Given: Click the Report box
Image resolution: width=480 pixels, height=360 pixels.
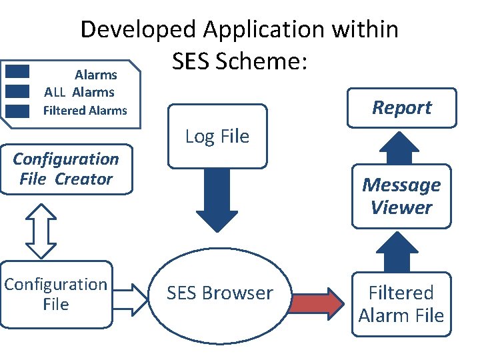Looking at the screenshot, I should coord(401,107).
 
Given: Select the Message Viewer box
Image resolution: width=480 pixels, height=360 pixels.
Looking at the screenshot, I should coord(401,196).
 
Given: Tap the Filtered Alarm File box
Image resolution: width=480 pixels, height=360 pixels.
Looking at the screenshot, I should coord(401,303).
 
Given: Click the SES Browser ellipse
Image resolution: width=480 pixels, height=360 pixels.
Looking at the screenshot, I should coord(219,293).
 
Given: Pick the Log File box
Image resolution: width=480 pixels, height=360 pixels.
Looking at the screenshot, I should coord(217,137).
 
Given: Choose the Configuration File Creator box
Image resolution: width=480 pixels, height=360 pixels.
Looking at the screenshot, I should coord(65,169).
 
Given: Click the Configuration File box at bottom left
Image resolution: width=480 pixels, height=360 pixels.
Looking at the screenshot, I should coord(55,294).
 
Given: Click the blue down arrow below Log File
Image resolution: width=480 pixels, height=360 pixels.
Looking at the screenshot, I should coord(217,200).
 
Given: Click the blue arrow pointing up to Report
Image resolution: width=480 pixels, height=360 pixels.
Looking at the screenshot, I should coord(401,147).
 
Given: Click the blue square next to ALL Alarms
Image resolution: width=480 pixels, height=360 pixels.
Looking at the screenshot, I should coord(17,91).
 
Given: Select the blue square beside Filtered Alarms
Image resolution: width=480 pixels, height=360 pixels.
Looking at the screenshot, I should coord(17,110).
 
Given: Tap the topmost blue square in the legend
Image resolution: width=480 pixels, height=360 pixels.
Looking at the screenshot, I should coord(17,72).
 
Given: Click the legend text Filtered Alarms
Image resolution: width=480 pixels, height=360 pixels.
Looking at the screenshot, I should coord(85,111).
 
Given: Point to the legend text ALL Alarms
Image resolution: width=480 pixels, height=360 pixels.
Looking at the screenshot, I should coord(79,93).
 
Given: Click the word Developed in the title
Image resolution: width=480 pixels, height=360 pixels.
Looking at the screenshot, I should coord(139,30).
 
